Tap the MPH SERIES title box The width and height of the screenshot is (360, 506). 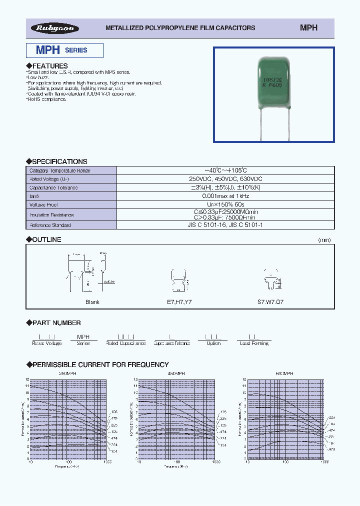(x=64, y=50)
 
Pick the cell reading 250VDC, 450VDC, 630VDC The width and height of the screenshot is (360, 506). (x=226, y=179)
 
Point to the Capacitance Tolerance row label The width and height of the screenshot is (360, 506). (x=53, y=187)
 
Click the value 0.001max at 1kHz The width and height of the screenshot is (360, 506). (x=226, y=196)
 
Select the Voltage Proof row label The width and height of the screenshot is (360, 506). (x=45, y=204)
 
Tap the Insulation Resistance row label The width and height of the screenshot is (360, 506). (x=51, y=214)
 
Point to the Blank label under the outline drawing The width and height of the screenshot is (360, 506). (x=92, y=302)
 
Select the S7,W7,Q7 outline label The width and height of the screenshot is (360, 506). (x=270, y=302)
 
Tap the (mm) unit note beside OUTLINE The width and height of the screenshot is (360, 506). (x=324, y=240)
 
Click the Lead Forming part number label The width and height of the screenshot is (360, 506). (x=254, y=343)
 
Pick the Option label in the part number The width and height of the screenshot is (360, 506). (x=213, y=343)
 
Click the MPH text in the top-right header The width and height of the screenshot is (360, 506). (x=308, y=28)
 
